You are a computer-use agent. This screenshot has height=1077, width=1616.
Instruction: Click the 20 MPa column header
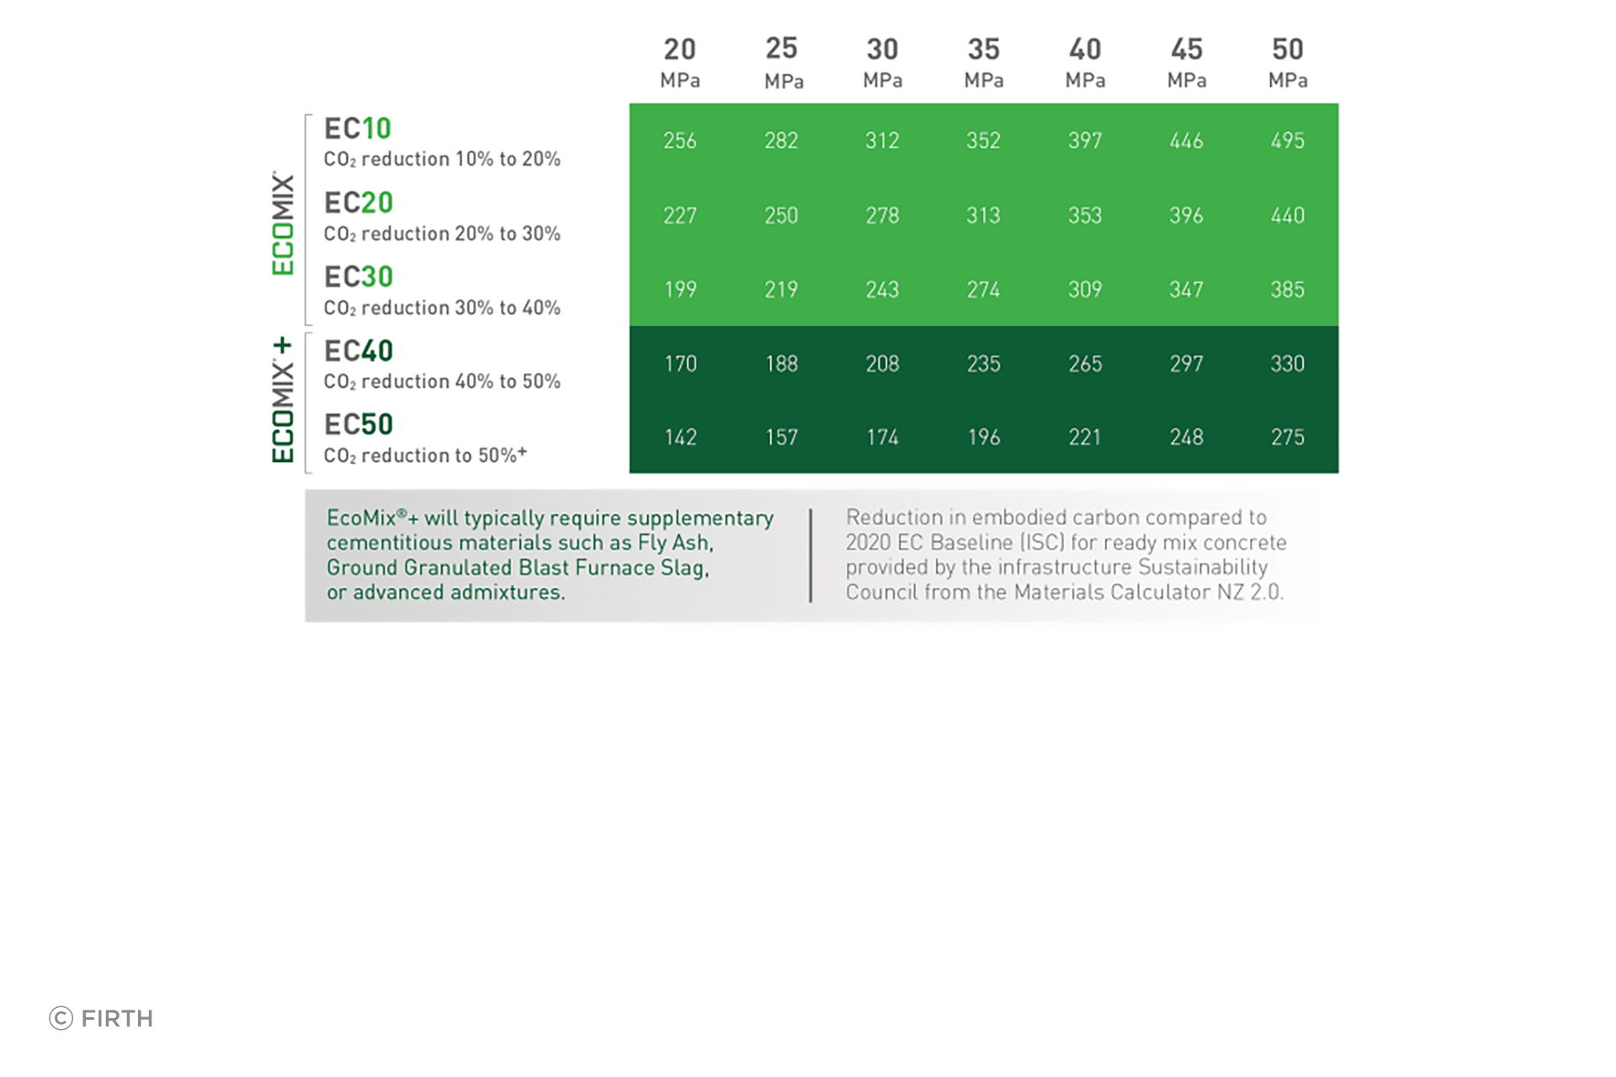tap(680, 62)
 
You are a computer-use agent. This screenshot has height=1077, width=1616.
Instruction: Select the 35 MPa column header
tap(984, 62)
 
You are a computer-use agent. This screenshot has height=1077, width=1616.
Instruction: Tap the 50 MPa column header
tap(1288, 62)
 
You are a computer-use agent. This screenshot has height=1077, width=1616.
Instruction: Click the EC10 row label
tap(358, 129)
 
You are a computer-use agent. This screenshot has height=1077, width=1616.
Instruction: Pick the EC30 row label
tap(359, 277)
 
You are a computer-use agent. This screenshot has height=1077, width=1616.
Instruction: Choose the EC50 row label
tap(359, 425)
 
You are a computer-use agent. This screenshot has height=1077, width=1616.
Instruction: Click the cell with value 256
tap(680, 141)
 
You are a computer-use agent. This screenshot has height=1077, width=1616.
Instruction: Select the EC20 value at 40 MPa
tap(1085, 215)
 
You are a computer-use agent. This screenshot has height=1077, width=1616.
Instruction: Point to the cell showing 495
tap(1288, 141)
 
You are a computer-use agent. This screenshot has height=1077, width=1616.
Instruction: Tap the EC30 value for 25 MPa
tap(781, 289)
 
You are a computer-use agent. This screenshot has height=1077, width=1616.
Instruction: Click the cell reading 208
tap(882, 363)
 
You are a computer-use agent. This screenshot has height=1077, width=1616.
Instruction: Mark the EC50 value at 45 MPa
tap(1187, 438)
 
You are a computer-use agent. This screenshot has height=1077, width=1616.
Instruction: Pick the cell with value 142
tap(680, 438)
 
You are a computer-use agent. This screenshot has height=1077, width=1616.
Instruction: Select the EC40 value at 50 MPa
tap(1288, 363)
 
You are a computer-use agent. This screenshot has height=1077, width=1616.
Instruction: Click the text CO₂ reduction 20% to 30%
tap(442, 234)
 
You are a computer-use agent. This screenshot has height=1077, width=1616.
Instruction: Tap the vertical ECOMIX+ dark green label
tap(283, 401)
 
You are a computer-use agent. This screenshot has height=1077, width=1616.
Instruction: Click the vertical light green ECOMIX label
tap(283, 224)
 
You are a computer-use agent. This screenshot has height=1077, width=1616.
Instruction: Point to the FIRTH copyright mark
tap(101, 1018)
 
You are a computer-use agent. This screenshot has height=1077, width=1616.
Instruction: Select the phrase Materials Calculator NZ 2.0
tap(1148, 592)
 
